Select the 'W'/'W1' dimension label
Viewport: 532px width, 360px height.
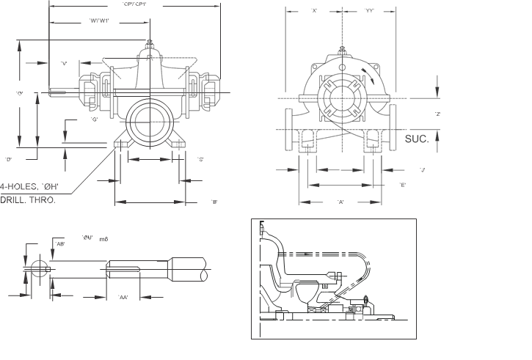pos(99,20)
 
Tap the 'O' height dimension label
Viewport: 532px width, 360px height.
pos(19,93)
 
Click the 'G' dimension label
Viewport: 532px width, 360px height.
pos(94,119)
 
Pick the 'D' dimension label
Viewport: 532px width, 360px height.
pos(8,159)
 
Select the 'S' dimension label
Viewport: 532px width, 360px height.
pos(200,159)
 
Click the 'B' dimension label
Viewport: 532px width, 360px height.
pos(214,202)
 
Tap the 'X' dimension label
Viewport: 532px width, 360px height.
pos(314,11)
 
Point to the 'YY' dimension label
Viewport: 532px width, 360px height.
pos(370,11)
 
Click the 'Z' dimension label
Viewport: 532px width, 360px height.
pos(437,114)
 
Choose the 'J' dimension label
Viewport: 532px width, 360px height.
pos(422,169)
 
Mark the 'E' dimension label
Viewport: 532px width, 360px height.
pos(403,185)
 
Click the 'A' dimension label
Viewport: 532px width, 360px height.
pos(340,201)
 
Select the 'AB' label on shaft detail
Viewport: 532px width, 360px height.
pos(60,244)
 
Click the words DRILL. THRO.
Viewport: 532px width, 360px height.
pos(27,199)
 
